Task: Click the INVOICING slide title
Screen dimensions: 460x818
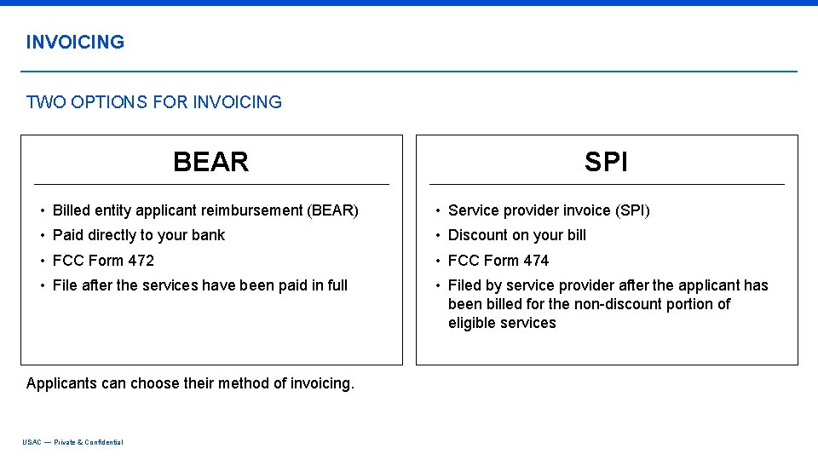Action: point(75,42)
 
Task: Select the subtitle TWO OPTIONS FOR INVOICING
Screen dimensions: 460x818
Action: point(154,102)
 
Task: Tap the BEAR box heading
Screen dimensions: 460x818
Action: point(210,162)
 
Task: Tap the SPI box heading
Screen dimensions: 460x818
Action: point(606,162)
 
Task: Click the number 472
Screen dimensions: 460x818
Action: point(141,261)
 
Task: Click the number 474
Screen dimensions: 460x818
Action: point(536,261)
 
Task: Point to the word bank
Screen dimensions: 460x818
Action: point(208,235)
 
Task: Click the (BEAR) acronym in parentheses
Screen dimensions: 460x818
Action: point(332,210)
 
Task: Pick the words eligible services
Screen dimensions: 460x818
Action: point(502,323)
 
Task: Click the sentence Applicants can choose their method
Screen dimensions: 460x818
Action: point(190,383)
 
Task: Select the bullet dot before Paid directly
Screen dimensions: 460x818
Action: point(42,236)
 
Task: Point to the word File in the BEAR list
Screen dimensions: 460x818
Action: point(65,285)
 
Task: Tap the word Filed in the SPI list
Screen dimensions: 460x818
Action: point(464,285)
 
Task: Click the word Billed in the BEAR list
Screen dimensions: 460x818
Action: point(71,210)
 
